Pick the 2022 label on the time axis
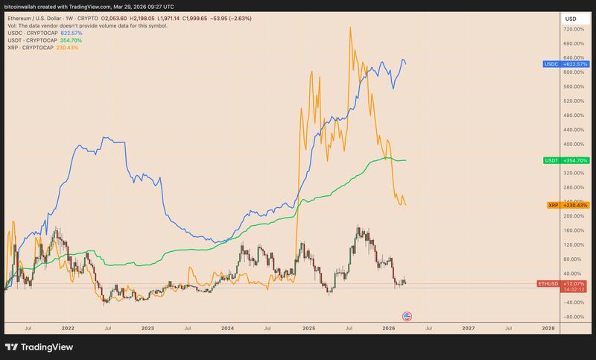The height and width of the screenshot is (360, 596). click(x=68, y=327)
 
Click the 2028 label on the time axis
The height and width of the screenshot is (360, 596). click(x=548, y=327)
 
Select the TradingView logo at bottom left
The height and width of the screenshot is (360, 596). click(x=37, y=347)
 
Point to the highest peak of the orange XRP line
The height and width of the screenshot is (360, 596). click(x=349, y=28)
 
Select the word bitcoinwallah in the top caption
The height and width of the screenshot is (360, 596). click(x=22, y=5)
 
